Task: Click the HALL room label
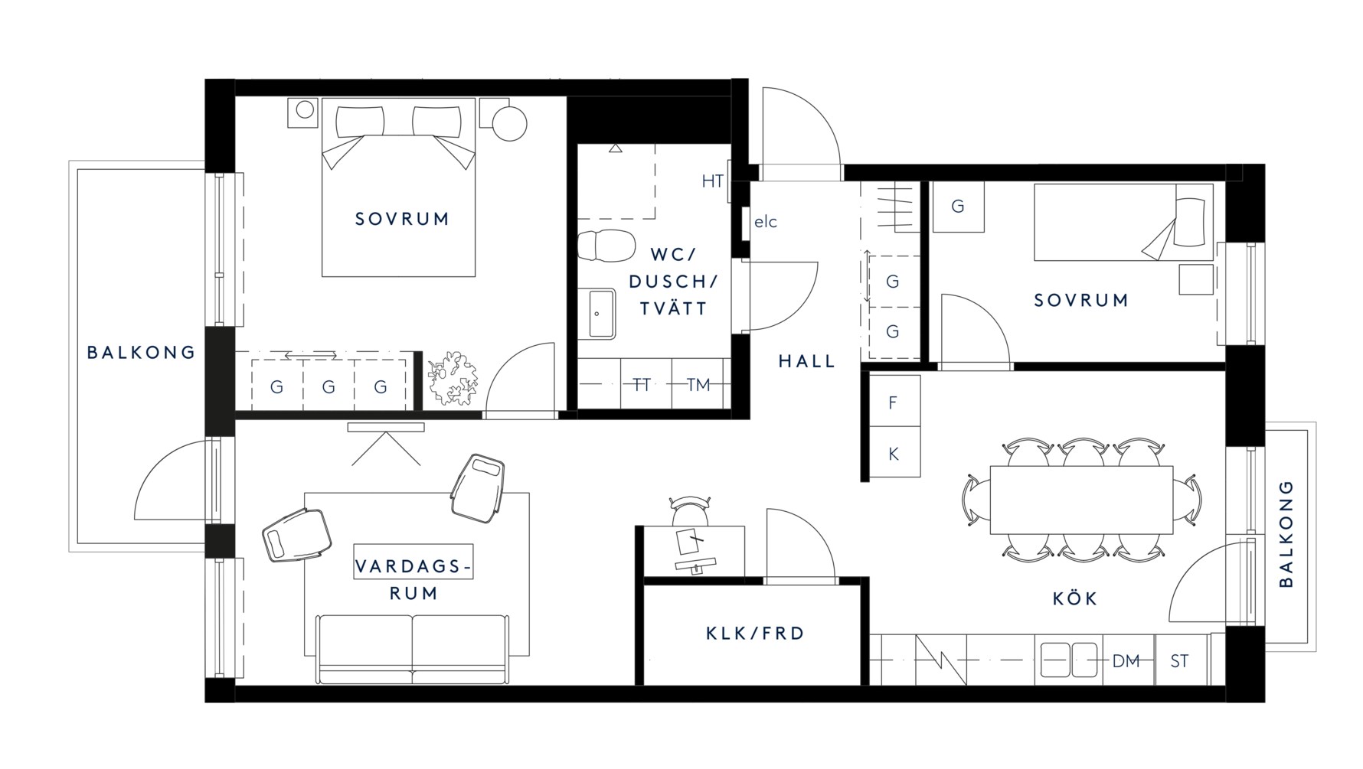pos(806,361)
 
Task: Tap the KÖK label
pos(1075,598)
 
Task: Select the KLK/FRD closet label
pos(755,634)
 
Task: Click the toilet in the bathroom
pos(606,246)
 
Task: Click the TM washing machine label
pos(698,385)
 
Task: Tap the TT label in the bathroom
pos(641,385)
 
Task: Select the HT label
pos(713,181)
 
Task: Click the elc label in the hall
pos(766,222)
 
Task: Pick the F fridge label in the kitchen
pos(893,402)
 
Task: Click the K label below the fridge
pos(893,454)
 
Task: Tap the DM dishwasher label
pos(1126,661)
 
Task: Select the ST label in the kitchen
pos(1179,661)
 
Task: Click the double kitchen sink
pos(1069,660)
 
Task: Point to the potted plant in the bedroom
pos(452,377)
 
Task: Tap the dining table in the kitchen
pos(1081,500)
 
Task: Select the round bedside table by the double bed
pos(509,122)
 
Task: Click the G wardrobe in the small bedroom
pos(958,207)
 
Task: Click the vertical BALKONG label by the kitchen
pos(1286,533)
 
